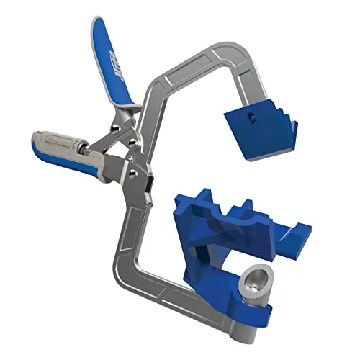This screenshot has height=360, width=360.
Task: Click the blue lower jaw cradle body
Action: [223, 245]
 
